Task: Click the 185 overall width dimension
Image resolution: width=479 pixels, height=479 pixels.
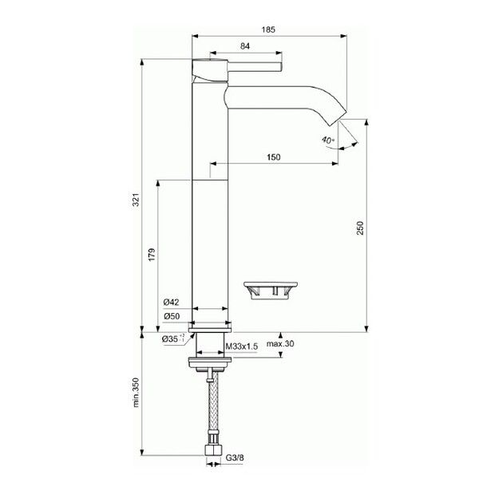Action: pos(268,29)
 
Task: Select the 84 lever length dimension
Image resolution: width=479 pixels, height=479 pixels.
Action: pos(246,48)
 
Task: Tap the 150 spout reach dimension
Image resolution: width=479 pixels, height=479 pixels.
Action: pos(273,157)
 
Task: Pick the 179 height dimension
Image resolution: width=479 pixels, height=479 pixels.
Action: pos(151,255)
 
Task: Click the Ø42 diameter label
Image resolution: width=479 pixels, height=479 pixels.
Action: pos(171,302)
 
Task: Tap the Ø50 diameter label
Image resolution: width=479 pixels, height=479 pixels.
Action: pos(171,316)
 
